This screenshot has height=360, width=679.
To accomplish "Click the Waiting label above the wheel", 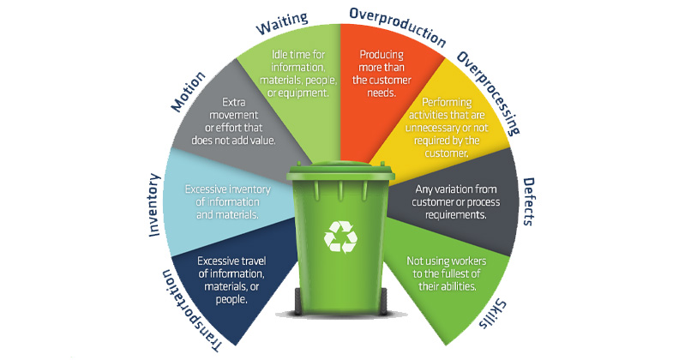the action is [282, 24].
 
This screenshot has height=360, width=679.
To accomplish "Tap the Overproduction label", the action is [398, 27].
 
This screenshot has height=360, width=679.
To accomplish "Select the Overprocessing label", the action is [489, 93].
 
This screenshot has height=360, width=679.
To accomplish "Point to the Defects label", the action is [529, 201].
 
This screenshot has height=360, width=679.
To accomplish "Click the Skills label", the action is [493, 313].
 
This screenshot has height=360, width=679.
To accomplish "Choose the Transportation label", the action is [191, 310].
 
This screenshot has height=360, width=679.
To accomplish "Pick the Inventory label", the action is [154, 205].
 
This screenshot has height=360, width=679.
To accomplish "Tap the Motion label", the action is [189, 92].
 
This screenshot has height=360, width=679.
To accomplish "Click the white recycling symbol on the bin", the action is [341, 237].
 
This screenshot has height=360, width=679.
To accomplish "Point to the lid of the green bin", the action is [340, 171].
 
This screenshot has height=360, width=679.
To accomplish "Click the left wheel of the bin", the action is [298, 301].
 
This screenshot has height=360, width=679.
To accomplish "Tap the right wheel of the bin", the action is [383, 301].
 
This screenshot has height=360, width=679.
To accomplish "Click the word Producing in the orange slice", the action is [382, 55].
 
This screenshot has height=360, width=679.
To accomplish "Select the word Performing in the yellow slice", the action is [447, 103].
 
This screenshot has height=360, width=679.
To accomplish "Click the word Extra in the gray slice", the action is [234, 102].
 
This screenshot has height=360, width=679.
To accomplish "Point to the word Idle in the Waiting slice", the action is [279, 54].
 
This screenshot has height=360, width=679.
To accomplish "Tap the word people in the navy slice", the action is [231, 299].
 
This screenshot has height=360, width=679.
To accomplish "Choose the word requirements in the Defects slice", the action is [455, 215].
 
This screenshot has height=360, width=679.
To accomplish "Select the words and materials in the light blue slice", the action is [227, 214].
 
